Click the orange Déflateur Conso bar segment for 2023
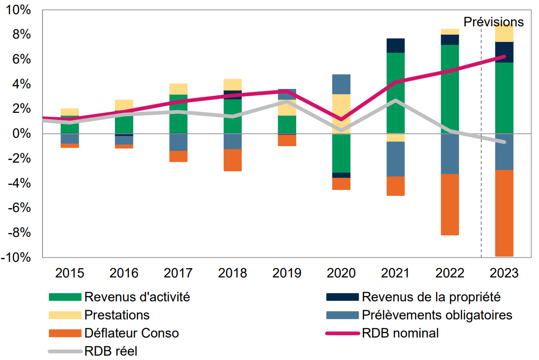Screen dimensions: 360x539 pyautogui.click(x=504, y=212)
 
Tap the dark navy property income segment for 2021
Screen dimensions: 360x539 pyautogui.click(x=395, y=45)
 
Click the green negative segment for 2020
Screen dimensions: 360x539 pyautogui.click(x=341, y=153)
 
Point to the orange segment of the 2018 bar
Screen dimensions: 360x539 pyautogui.click(x=233, y=160)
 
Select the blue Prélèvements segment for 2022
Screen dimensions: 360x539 pyautogui.click(x=450, y=153)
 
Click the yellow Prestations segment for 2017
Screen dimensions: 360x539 pyautogui.click(x=178, y=88)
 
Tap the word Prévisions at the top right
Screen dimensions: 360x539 pyautogui.click(x=493, y=22)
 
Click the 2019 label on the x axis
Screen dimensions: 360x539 pyautogui.click(x=287, y=273)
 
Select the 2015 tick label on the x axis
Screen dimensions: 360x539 pyautogui.click(x=69, y=273)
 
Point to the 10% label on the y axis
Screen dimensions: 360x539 pyautogui.click(x=19, y=10)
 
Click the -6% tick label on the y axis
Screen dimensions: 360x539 pyautogui.click(x=19, y=208)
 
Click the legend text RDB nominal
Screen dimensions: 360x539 pyautogui.click(x=400, y=333)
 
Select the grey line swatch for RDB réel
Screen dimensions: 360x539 pyautogui.click(x=65, y=351)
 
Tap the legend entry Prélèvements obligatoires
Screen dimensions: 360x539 pyautogui.click(x=437, y=315)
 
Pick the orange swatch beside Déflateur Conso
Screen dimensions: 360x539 pyautogui.click(x=65, y=333)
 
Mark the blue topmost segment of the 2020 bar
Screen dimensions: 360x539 pyautogui.click(x=341, y=84)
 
